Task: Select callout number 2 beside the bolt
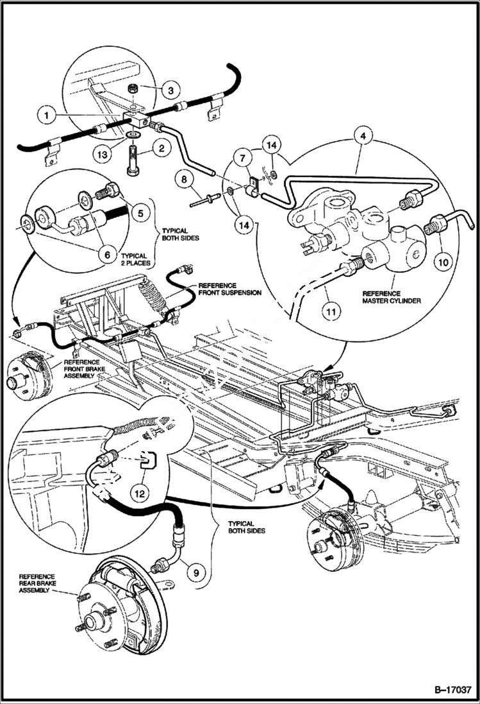(x=162, y=150)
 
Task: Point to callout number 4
(x=363, y=136)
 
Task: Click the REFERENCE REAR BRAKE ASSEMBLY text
(x=37, y=583)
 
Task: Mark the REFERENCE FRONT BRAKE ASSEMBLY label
(x=83, y=368)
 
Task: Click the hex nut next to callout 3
(x=137, y=88)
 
